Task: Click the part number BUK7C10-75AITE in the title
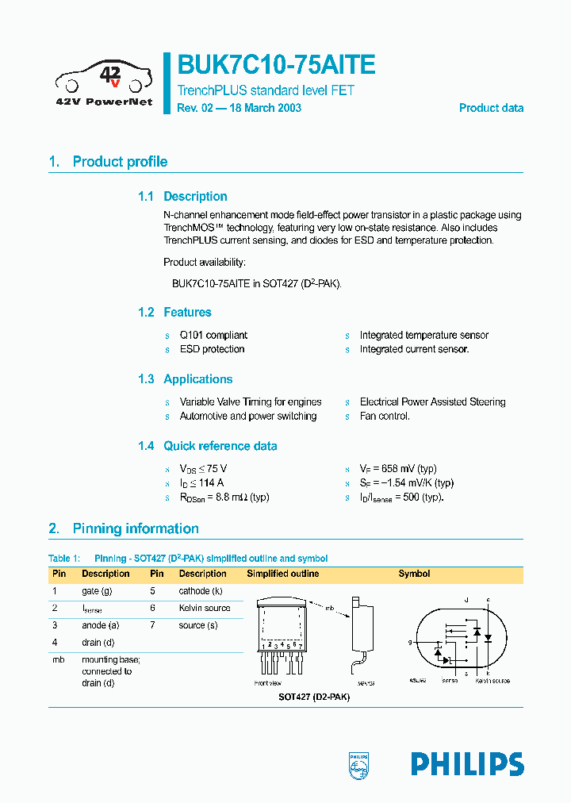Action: [x=276, y=65]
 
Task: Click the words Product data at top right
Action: [x=491, y=108]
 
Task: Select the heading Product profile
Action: [x=120, y=162]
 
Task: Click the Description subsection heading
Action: [x=195, y=197]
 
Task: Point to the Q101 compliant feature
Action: [x=213, y=335]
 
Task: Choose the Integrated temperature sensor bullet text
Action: [x=423, y=335]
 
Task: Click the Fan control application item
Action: [x=385, y=416]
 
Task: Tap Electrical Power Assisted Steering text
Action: [x=432, y=401]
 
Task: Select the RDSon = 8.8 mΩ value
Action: [x=224, y=497]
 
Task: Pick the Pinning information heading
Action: [x=136, y=528]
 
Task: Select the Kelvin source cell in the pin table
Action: [x=205, y=608]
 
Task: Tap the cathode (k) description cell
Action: [x=201, y=591]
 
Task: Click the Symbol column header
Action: [x=414, y=574]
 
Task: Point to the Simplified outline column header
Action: [x=283, y=574]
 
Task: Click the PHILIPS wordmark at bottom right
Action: [x=467, y=764]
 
